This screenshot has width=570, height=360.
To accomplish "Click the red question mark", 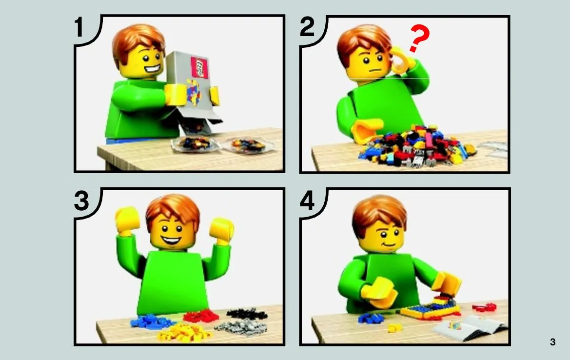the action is (x=419, y=38).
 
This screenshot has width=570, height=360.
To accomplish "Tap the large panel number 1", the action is (x=79, y=27).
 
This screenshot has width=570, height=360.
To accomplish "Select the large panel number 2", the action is (x=307, y=27).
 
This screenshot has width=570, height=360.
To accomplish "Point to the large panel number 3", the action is (x=81, y=200).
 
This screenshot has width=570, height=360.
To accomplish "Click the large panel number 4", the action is (x=307, y=200).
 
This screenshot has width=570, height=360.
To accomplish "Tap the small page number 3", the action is (x=552, y=342).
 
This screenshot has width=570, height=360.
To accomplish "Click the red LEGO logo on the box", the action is (x=199, y=68).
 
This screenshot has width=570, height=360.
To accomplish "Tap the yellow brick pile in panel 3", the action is (x=184, y=333).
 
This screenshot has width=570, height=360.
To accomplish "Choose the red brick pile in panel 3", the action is (x=201, y=316).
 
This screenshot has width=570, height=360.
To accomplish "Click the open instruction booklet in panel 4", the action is (x=470, y=327).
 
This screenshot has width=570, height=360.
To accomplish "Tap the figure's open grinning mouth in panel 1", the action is (x=152, y=69).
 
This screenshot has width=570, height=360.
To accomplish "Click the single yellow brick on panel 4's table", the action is (x=395, y=328).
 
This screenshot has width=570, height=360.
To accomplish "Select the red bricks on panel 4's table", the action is (x=484, y=308).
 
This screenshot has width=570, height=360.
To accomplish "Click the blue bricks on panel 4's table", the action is (x=371, y=318).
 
